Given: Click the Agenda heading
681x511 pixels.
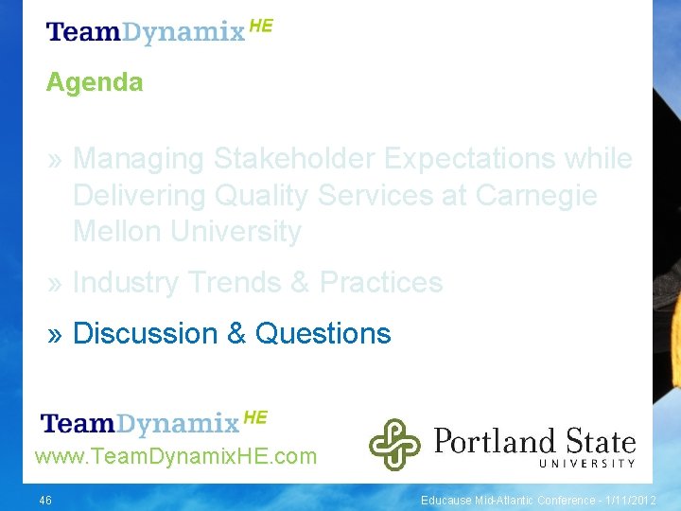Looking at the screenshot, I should tap(95, 82).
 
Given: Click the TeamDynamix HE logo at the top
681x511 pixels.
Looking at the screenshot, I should tap(159, 30).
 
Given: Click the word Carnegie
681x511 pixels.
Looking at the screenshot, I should tap(536, 196).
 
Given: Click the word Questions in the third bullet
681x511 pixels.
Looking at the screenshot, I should tap(323, 334).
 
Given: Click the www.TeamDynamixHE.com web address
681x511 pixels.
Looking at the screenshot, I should tap(176, 457).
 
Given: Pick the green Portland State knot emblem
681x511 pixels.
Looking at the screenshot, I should tap(394, 444).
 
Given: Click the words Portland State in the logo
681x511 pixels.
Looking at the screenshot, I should tap(534, 440).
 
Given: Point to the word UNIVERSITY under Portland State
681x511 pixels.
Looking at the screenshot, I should tap(587, 463).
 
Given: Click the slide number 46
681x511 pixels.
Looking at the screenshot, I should tap(45, 500).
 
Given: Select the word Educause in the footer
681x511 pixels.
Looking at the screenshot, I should tap(446, 500).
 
